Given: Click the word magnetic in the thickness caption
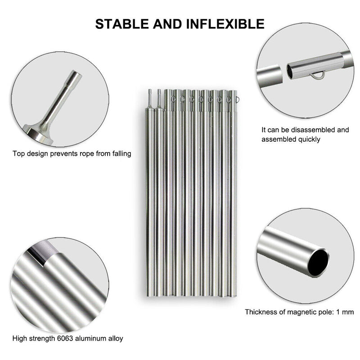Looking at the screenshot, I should coord(298,311).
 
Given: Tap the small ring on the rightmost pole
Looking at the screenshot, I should coord(237,96).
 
